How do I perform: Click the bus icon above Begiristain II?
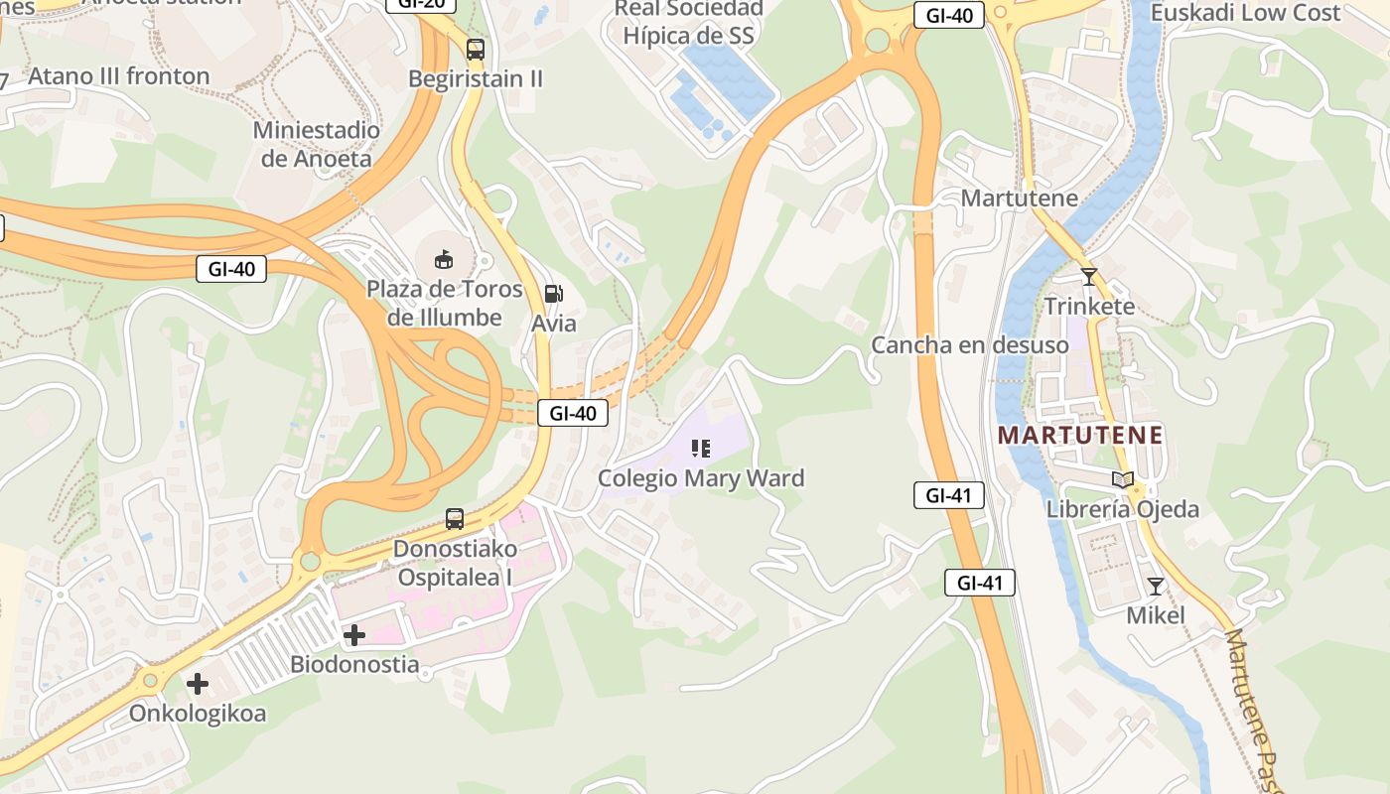tap(476, 49)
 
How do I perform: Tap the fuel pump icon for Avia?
tap(553, 294)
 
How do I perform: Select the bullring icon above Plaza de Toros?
tap(444, 260)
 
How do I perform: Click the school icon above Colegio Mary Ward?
tap(701, 449)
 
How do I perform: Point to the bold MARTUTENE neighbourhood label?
tap(1080, 435)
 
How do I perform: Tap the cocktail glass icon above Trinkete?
tap(1089, 277)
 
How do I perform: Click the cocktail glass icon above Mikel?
tap(1155, 587)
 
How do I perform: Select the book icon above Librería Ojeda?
tap(1123, 480)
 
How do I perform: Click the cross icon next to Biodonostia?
tap(353, 635)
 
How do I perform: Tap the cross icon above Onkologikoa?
tap(198, 683)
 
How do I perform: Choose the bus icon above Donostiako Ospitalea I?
tap(454, 518)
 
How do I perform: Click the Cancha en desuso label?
tap(969, 345)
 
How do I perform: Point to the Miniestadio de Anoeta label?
tap(316, 144)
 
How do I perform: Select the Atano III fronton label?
tap(119, 76)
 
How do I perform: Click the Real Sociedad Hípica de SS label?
tap(688, 23)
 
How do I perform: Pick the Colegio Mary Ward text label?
tap(700, 478)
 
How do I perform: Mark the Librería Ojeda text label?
tap(1123, 509)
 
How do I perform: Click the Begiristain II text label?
tap(476, 78)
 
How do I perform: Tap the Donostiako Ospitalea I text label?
tap(455, 563)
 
